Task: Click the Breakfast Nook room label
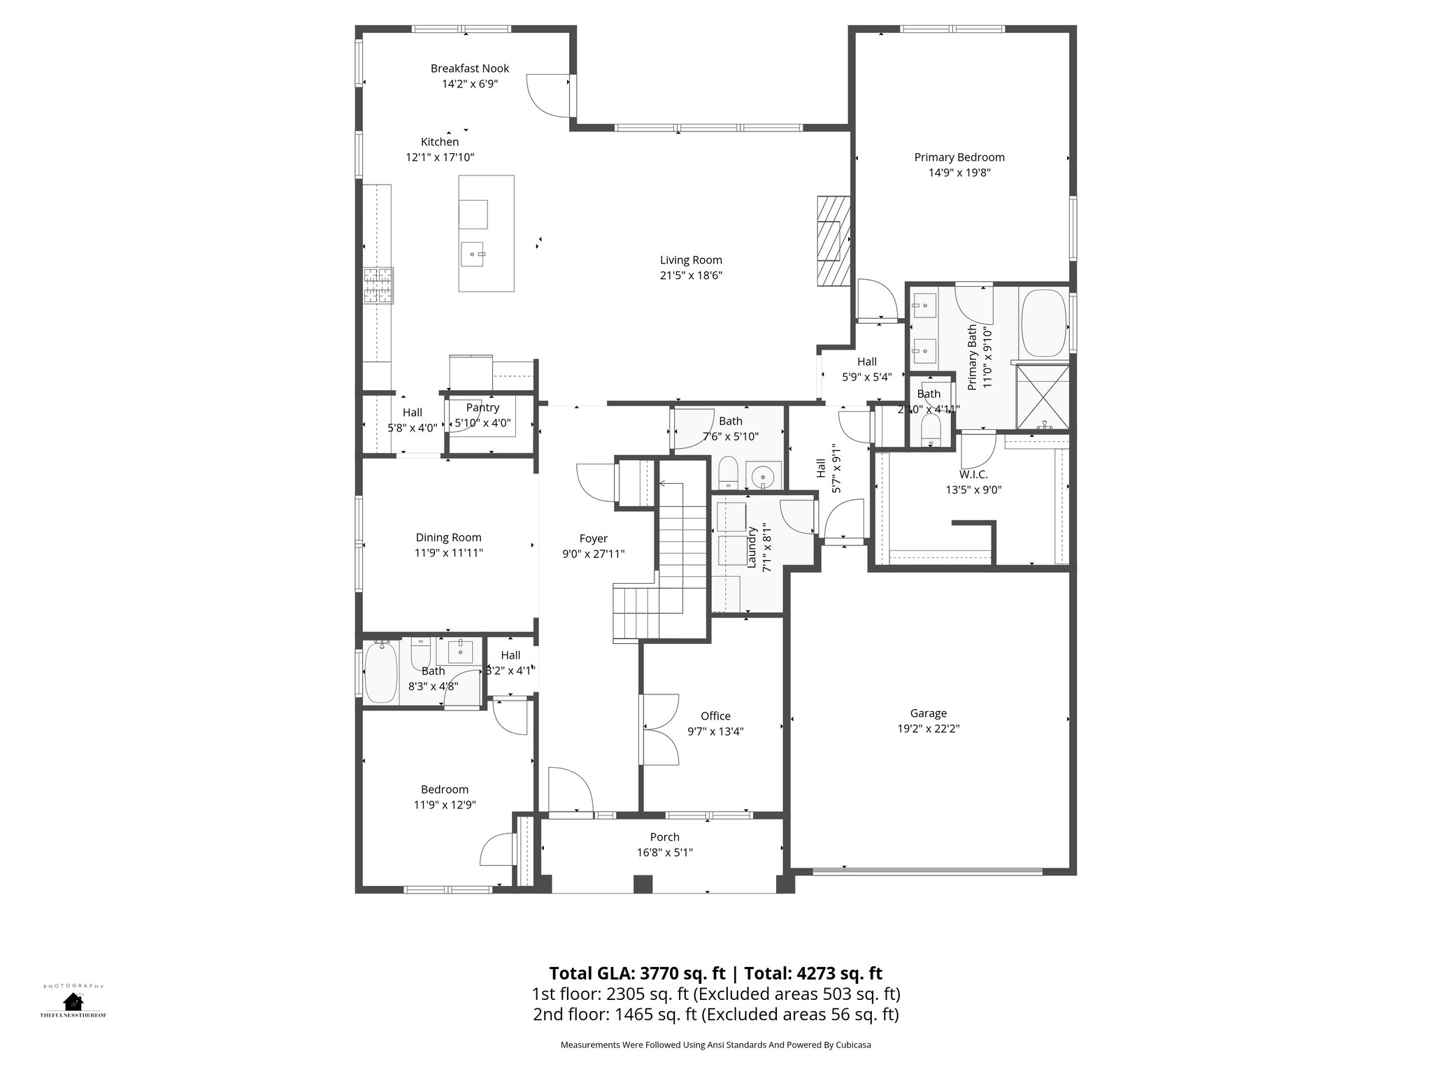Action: click(x=469, y=69)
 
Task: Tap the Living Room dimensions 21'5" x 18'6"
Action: click(x=691, y=275)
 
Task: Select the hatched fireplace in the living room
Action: click(x=833, y=241)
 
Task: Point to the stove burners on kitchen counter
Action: click(x=378, y=285)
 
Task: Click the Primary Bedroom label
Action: click(x=959, y=157)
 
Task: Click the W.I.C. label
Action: click(x=973, y=475)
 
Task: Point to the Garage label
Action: click(x=928, y=713)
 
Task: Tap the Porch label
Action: click(x=664, y=837)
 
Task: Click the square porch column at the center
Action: click(x=643, y=885)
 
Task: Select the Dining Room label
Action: click(x=448, y=538)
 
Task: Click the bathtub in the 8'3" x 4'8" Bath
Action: click(x=381, y=673)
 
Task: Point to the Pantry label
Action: click(x=482, y=408)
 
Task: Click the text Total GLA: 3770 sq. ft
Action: click(x=638, y=973)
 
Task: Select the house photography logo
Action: click(x=73, y=1001)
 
